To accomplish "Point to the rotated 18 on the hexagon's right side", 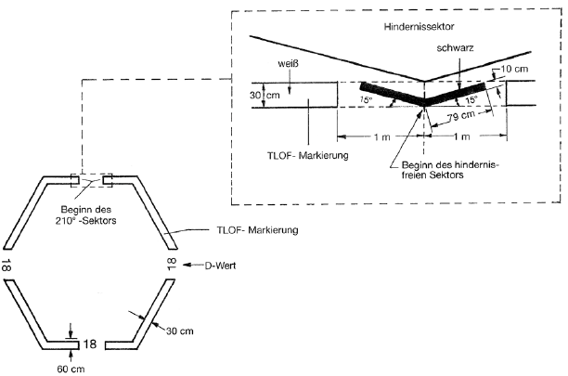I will click(172, 265).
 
